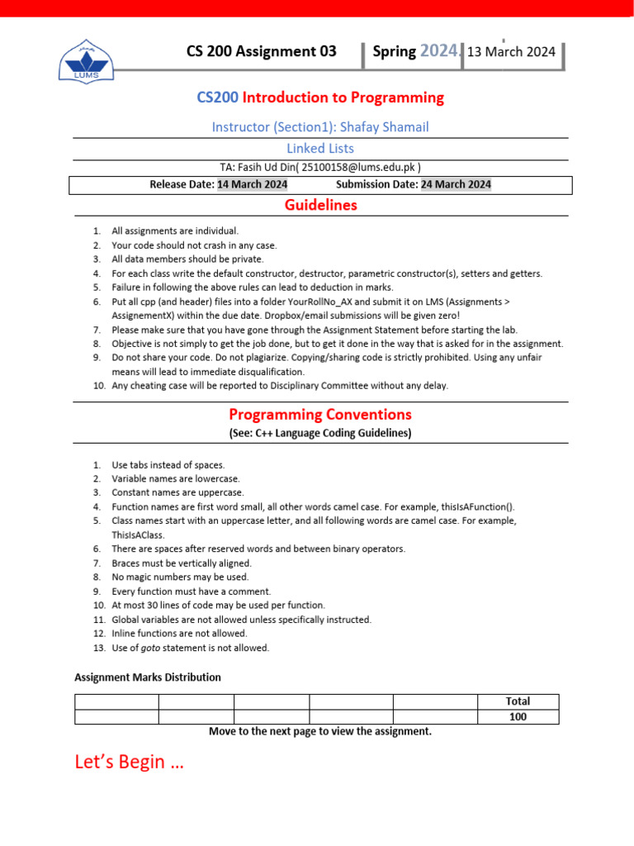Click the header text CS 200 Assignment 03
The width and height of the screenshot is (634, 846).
tap(261, 51)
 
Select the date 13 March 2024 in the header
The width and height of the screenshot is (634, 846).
tap(511, 52)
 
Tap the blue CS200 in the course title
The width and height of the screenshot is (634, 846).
tap(217, 97)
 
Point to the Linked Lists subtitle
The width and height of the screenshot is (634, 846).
tap(320, 149)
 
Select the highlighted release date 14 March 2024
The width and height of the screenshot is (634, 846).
tap(252, 184)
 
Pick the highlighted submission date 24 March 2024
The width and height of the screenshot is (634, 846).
tap(456, 184)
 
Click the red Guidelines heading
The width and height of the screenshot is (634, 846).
tap(320, 205)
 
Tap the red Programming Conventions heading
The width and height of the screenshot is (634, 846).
tap(320, 414)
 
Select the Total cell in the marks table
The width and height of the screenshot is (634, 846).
tap(518, 701)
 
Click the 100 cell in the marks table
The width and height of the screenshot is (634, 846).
tap(518, 716)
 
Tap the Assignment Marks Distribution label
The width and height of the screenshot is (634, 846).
tap(148, 677)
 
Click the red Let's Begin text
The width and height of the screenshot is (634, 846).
tap(130, 762)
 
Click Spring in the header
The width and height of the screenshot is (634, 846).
tap(394, 51)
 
